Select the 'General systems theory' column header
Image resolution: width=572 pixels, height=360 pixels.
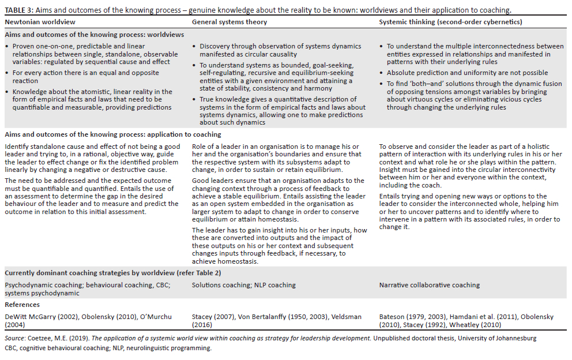click(229, 22)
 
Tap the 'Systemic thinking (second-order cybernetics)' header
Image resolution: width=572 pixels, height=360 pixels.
click(450, 22)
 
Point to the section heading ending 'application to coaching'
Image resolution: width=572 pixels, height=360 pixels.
click(112, 134)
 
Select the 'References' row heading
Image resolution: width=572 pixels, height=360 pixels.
click(22, 305)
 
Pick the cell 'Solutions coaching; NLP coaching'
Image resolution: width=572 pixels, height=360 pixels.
click(243, 285)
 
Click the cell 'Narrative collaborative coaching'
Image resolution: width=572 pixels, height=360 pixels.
click(429, 285)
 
